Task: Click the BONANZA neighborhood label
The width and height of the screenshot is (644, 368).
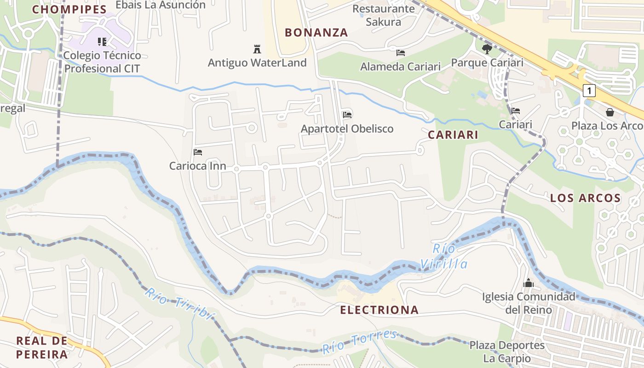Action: point(316,33)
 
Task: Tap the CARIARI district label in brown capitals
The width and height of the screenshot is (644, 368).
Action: point(453,135)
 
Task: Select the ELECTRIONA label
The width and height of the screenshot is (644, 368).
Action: point(379,310)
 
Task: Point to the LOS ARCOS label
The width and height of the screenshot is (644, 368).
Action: point(586,198)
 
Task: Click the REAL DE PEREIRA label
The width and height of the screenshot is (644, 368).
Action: point(42,348)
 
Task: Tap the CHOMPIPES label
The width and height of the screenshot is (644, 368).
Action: point(69,9)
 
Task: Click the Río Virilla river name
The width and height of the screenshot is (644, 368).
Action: point(444,257)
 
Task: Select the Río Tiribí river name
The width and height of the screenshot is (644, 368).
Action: point(179,305)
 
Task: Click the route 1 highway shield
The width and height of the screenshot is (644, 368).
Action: point(589,91)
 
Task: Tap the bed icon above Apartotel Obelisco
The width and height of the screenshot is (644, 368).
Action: point(347,115)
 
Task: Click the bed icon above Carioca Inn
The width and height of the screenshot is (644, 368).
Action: point(198,152)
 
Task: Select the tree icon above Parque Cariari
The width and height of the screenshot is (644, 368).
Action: point(487,49)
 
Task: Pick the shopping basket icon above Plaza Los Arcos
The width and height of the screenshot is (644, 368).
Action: point(610,112)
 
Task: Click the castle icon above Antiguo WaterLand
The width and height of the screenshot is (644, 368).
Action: point(257,49)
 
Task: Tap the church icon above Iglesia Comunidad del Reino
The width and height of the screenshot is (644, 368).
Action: point(529,283)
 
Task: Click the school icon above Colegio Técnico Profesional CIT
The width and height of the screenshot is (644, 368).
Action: point(102,42)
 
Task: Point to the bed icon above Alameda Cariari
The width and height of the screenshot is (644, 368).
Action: point(401,52)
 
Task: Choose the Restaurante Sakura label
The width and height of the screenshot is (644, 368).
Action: point(384,15)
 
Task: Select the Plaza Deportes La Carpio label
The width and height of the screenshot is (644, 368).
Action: point(507,352)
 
